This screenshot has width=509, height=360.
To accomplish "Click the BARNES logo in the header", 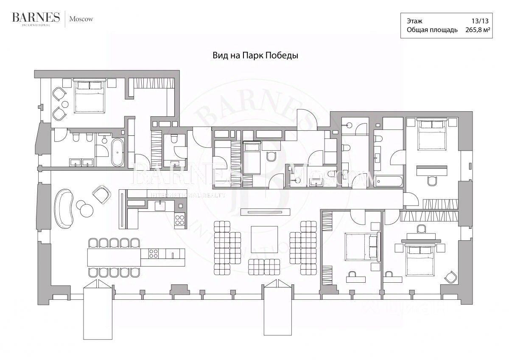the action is click(36, 18).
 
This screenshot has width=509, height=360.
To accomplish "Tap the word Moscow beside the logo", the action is click(81, 19).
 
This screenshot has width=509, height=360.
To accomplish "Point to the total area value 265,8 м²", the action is click(475, 30).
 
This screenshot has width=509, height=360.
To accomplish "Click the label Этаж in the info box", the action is click(414, 21).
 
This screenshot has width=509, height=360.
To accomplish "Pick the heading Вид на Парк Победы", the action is click(255, 56).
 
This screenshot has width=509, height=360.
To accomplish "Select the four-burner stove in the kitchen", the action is click(179, 220).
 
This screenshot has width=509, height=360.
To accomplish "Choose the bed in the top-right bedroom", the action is click(431, 135).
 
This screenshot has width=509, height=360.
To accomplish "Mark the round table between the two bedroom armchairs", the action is click(64, 104).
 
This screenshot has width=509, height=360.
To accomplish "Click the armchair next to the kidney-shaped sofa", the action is click(101, 194).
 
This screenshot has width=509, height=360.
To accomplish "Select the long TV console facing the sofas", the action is click(265, 211).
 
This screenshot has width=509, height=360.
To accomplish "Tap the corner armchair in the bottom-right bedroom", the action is click(450, 278).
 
